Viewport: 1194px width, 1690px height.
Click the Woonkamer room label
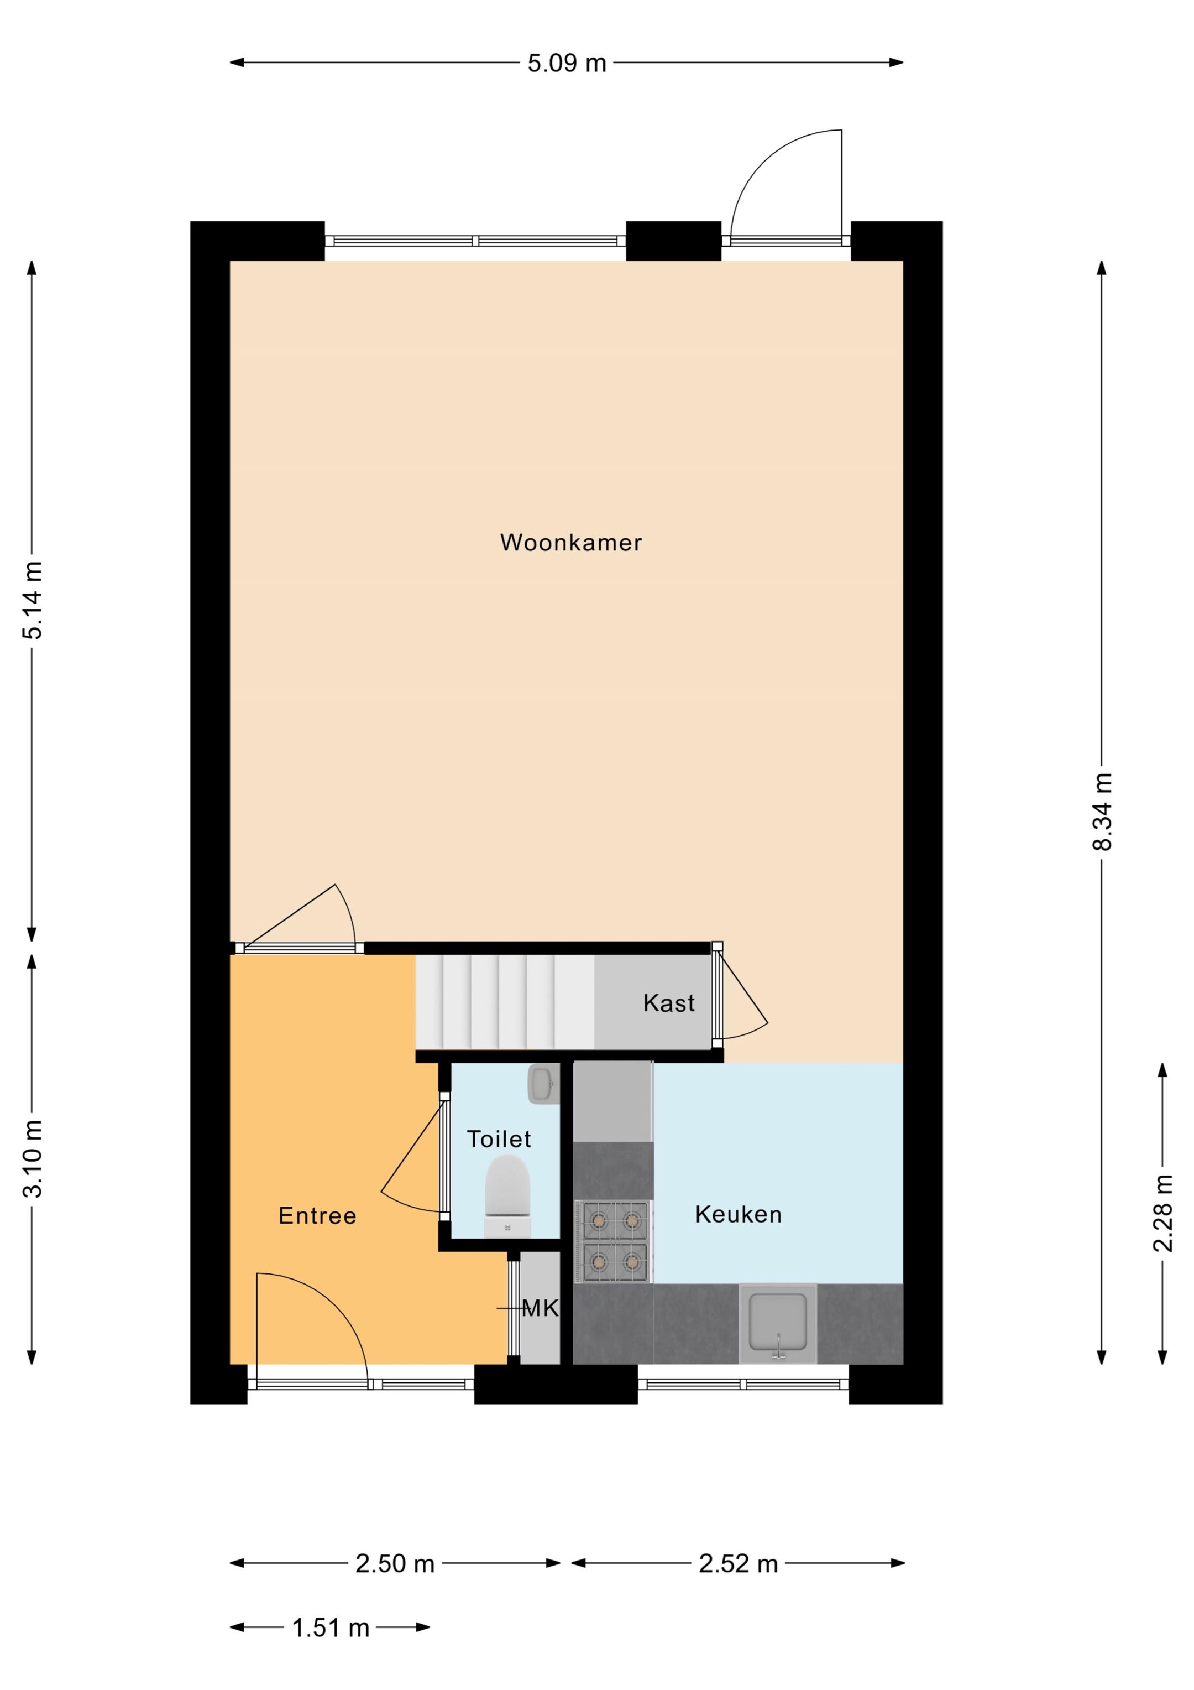pyautogui.click(x=571, y=543)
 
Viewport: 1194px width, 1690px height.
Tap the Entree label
pyautogui.click(x=317, y=1215)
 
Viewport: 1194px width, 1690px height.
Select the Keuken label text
pyautogui.click(x=738, y=1214)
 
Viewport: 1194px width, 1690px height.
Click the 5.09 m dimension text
pyautogui.click(x=567, y=63)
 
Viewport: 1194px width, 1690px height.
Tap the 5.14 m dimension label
pyautogui.click(x=33, y=599)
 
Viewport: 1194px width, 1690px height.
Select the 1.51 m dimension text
pyautogui.click(x=331, y=1627)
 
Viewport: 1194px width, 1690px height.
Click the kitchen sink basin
pyautogui.click(x=778, y=1323)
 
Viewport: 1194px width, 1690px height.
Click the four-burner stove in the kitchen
pyautogui.click(x=615, y=1241)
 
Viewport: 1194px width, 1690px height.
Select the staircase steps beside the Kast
pyautogui.click(x=505, y=1002)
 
